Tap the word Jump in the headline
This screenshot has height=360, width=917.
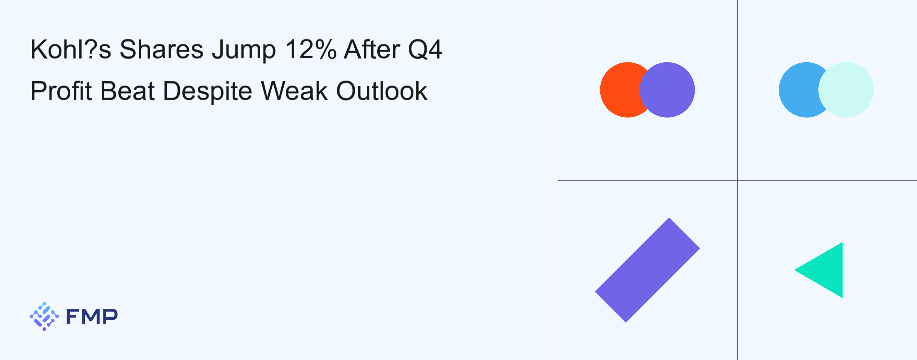tap(244, 50)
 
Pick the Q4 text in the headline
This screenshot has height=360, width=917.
tap(425, 50)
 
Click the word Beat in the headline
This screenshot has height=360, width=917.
tap(128, 91)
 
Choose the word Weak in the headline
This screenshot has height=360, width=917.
tap(294, 91)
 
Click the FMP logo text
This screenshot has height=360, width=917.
tap(92, 316)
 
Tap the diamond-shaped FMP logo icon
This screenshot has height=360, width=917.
tap(44, 316)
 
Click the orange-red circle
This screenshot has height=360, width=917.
tap(621, 90)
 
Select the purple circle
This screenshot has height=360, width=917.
tap(667, 90)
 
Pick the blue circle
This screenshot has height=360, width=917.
tap(799, 90)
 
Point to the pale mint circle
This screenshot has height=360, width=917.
tap(846, 90)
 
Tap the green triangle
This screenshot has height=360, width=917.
tap(826, 270)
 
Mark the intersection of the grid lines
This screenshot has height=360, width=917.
tap(737, 180)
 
